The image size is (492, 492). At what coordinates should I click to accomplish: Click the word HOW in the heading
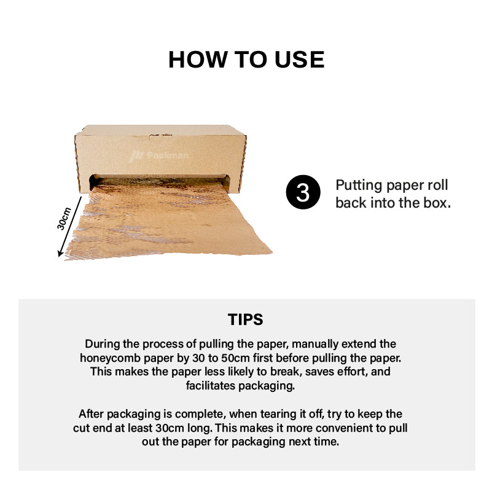click(197, 60)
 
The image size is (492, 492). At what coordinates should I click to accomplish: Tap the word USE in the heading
click(300, 60)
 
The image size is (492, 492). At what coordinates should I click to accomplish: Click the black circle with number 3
click(303, 192)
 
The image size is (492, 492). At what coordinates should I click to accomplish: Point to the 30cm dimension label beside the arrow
click(64, 219)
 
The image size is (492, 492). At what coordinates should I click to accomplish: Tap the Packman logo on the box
click(158, 155)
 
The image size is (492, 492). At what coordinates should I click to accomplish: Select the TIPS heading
click(246, 319)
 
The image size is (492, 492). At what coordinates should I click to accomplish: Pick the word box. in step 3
click(437, 203)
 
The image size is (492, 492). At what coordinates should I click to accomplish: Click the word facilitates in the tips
click(211, 385)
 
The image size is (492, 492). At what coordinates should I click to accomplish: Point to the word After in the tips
click(91, 414)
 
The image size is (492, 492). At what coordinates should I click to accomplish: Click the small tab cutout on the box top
click(161, 136)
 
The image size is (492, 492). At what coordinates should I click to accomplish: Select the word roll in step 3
click(438, 185)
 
